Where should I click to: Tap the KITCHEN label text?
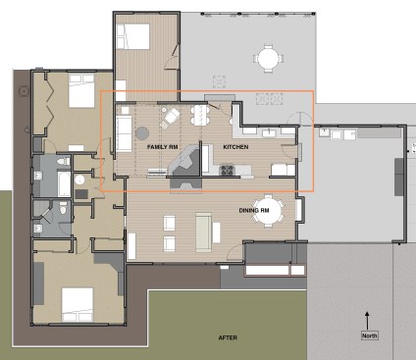[236, 146]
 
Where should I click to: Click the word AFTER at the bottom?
[228, 338]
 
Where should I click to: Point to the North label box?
[367, 335]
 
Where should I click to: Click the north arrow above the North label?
[367, 319]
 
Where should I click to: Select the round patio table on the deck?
[266, 57]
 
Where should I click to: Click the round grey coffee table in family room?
[142, 129]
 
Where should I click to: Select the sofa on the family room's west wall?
[124, 131]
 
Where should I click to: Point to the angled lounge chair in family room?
[171, 118]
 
